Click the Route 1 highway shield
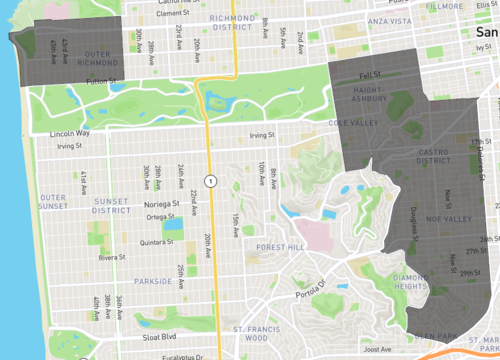point(210,181)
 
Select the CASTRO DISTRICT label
point(432,155)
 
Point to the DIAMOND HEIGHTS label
point(414,282)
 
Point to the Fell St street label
point(370,74)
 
